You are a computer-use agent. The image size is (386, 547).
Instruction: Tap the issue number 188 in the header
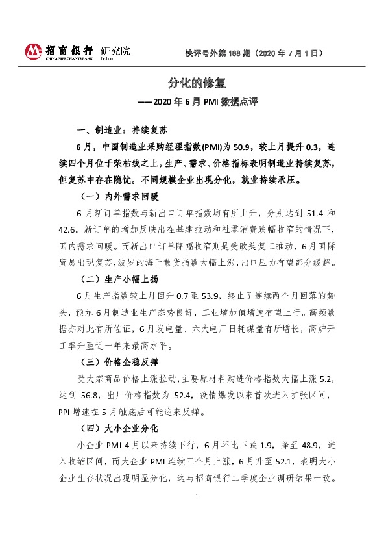pos(237,54)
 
